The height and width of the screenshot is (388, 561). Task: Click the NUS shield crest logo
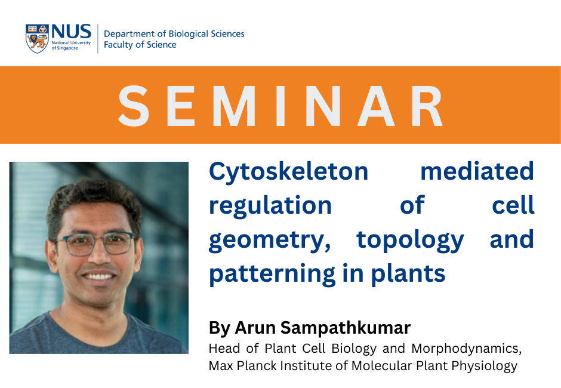pos(37,39)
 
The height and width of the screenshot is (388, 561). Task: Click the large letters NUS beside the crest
pos(71,32)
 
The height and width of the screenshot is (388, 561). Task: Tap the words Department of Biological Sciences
pos(174,33)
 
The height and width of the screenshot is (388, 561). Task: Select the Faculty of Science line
pos(140,44)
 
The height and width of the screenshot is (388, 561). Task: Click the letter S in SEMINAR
pos(134,106)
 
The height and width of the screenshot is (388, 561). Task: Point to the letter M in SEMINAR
pos(234,106)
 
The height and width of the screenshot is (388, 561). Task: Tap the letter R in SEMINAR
pos(427,106)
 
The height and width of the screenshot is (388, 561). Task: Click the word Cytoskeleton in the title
pos(288,172)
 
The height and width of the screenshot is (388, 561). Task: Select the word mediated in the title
pos(477,171)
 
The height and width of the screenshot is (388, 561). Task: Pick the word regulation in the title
pos(270,206)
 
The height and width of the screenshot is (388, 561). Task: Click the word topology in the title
pos(411,240)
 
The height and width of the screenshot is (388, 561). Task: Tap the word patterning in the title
pos(272,274)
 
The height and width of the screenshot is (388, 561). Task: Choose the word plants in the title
pos(408,274)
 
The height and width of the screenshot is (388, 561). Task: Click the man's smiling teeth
pos(99,276)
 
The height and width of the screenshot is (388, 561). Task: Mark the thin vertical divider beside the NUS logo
pos(98,39)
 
